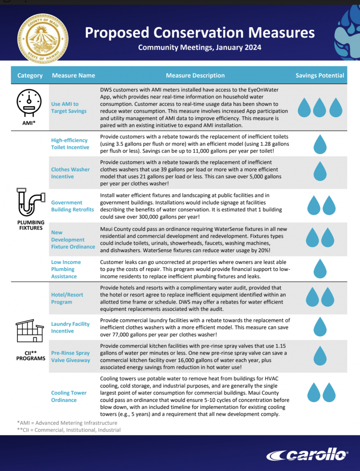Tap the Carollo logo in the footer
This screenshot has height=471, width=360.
click(308, 455)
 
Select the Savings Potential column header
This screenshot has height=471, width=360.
click(320, 75)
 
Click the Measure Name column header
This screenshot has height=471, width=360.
click(74, 75)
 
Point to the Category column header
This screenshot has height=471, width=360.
click(30, 75)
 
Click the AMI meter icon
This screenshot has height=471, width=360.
click(30, 102)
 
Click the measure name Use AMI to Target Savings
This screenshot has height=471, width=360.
click(69, 108)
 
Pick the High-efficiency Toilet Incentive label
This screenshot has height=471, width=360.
click(70, 144)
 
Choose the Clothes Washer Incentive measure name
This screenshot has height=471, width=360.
click(70, 173)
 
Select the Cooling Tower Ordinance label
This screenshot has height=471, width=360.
click(69, 396)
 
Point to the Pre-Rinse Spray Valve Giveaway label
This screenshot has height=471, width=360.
click(71, 356)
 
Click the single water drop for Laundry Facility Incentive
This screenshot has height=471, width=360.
click(320, 327)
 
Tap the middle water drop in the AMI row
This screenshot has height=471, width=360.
click(320, 107)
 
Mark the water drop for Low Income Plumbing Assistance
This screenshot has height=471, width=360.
click(320, 269)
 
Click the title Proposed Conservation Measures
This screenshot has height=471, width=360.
click(200, 33)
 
